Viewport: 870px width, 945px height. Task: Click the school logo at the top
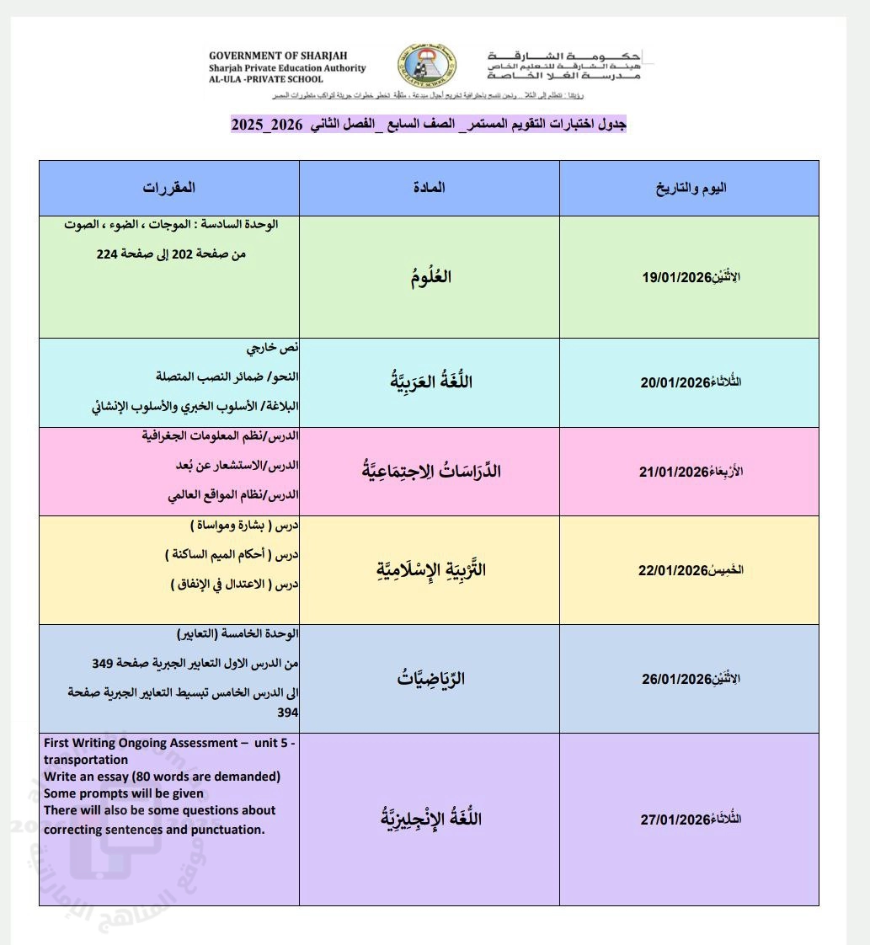(427, 64)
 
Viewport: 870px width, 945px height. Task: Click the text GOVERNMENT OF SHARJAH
(263, 56)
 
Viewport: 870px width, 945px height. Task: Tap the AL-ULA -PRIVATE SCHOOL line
(265, 80)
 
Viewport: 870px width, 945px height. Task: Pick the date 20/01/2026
(676, 382)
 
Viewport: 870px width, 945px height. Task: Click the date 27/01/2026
(676, 820)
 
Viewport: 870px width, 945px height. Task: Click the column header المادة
(430, 188)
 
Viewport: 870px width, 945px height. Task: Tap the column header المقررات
(168, 188)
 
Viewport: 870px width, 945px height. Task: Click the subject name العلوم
(430, 277)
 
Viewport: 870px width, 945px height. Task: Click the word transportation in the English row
(86, 760)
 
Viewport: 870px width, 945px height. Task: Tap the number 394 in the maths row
(288, 713)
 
